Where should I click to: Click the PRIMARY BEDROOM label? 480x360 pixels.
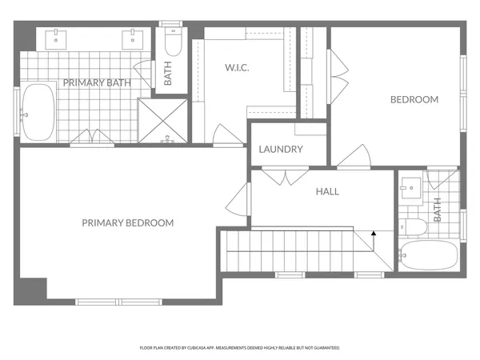(128, 223)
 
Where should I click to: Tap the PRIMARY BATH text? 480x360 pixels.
(97, 82)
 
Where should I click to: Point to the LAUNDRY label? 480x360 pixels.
(281, 150)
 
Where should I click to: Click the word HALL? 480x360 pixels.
(327, 192)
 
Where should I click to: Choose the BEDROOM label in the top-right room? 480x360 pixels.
(414, 99)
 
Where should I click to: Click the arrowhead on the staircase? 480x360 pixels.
(373, 234)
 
